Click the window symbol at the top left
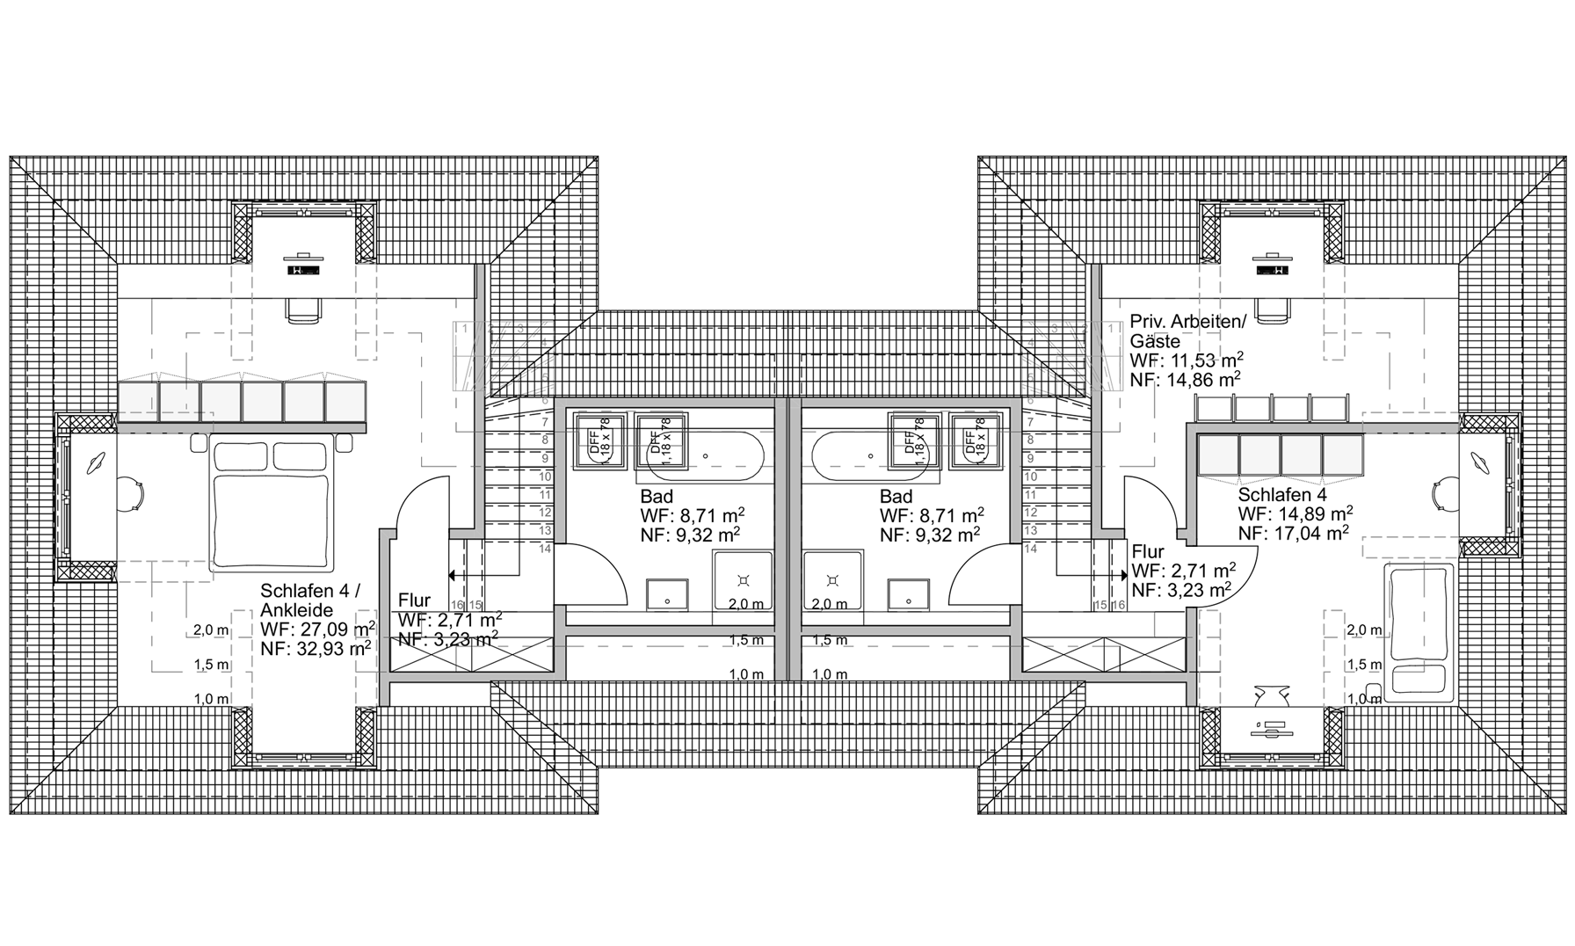[303, 209]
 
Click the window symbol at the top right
[1272, 209]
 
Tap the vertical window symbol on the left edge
[63, 497]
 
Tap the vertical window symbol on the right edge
[1513, 484]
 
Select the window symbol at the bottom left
[303, 760]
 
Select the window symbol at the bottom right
[1272, 760]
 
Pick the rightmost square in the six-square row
[345, 401]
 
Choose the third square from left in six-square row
[221, 401]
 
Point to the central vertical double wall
[788, 536]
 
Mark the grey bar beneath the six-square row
[242, 427]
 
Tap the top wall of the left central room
[668, 404]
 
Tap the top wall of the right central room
[905, 404]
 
